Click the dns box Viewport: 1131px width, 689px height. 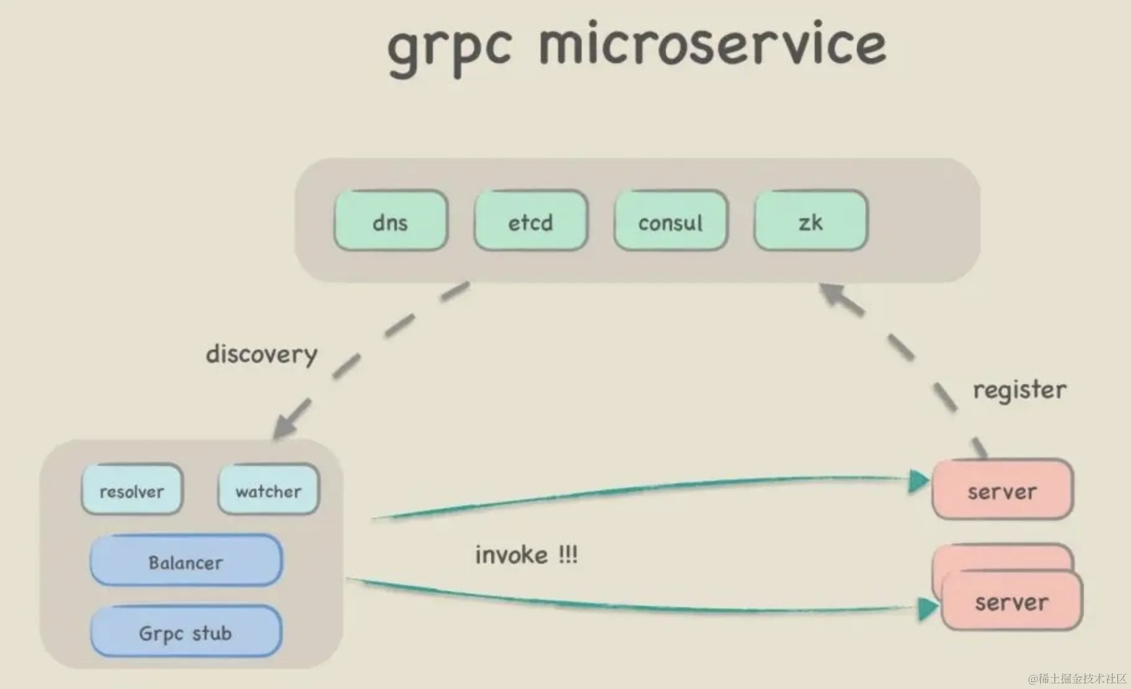tap(390, 221)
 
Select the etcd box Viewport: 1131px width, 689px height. tap(530, 221)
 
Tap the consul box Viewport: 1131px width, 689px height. tap(670, 221)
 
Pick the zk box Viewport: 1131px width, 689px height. tap(810, 221)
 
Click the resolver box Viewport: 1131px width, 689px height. tap(131, 490)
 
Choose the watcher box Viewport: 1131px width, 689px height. tap(268, 490)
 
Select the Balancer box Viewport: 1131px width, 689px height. tap(186, 561)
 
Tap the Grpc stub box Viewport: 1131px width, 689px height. tap(186, 632)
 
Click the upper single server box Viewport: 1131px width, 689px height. tap(1002, 491)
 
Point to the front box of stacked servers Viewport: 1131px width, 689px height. tap(1011, 601)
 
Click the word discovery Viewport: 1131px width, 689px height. tap(262, 354)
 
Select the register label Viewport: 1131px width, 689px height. tap(1019, 390)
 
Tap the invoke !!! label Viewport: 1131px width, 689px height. tap(526, 555)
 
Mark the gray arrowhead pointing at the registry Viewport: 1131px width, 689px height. tap(832, 294)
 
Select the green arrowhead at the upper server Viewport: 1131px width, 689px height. tap(918, 481)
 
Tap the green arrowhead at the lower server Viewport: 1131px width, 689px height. tap(926, 608)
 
